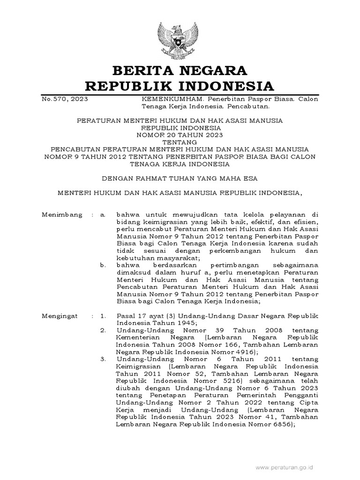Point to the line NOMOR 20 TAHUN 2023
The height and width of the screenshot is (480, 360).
[180, 134]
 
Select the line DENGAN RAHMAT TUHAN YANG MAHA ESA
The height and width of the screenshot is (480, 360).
[180, 178]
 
